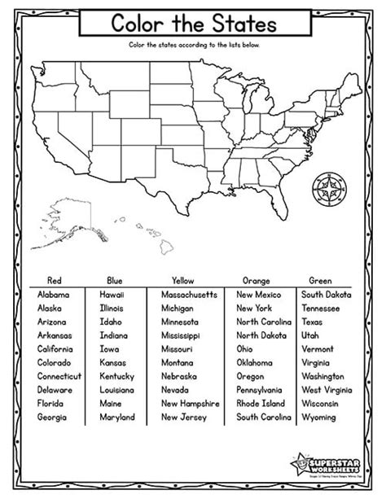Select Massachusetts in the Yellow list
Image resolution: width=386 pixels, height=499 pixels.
[188, 294]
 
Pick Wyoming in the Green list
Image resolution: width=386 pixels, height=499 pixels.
[319, 417]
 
